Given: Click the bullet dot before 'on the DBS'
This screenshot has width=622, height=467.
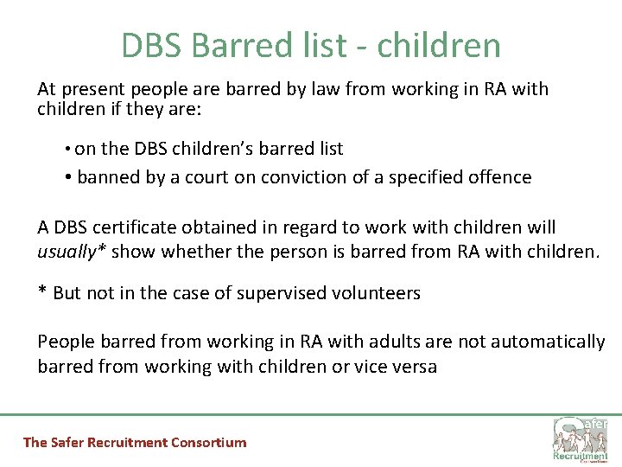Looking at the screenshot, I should point(67,150).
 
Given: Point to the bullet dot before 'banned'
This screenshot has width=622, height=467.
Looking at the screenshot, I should point(67,177).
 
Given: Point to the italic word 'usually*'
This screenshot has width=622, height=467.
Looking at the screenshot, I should point(71,252).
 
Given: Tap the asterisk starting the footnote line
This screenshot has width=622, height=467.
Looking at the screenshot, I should point(41,291).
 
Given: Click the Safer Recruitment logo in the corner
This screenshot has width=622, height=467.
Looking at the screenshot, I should point(581,439).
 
